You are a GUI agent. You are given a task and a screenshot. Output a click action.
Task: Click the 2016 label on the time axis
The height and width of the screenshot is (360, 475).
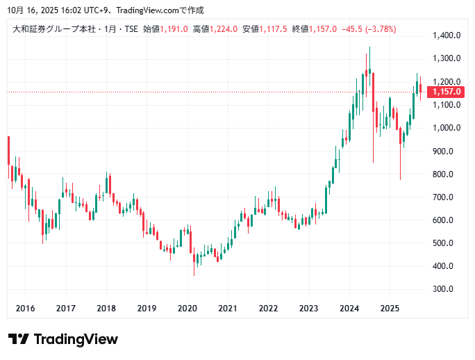(25, 308)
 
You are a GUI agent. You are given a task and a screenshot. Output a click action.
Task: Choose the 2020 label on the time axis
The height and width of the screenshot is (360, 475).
(187, 308)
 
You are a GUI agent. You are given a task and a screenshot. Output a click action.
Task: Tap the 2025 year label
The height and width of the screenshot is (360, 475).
(390, 308)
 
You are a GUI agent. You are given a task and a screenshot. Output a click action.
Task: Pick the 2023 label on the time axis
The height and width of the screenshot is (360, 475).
(309, 308)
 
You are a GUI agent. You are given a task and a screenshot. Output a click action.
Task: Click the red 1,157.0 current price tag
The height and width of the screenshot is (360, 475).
(447, 92)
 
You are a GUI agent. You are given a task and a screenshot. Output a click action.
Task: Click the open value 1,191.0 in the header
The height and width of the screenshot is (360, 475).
(174, 29)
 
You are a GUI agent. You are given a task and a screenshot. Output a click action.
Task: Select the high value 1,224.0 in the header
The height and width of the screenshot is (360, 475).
(224, 29)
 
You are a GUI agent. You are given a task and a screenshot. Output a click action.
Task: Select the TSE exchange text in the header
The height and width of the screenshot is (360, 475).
(130, 29)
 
